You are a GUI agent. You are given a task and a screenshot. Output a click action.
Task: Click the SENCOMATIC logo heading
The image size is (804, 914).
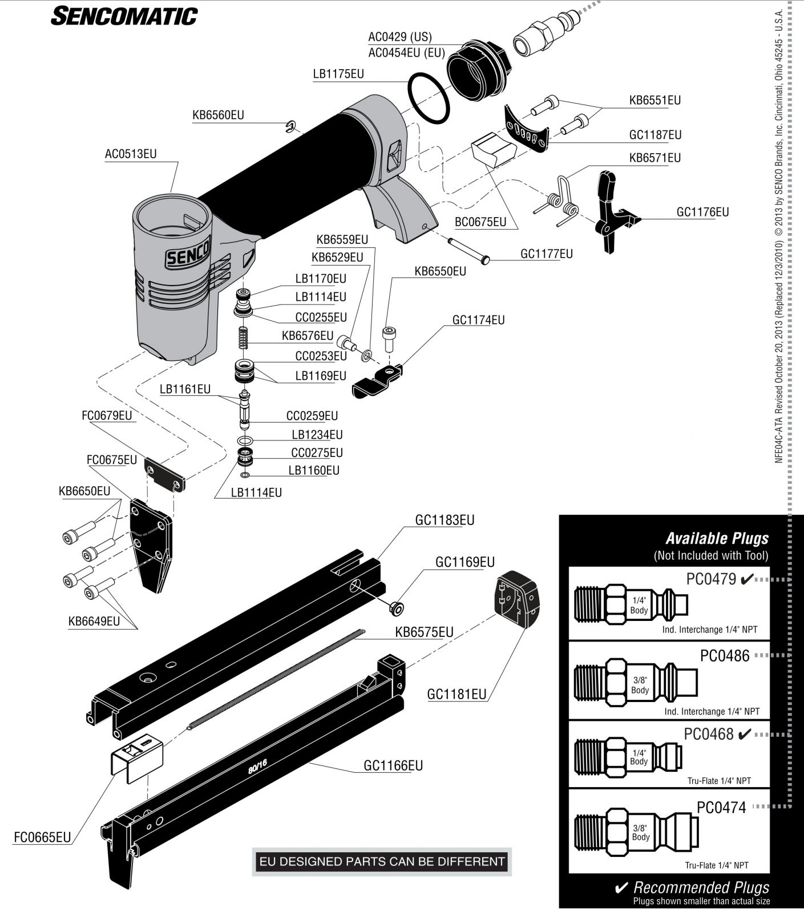point(124,17)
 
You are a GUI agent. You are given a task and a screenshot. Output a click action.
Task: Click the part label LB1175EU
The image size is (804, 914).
point(338,74)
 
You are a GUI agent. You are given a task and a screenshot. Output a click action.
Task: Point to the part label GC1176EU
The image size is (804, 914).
point(702,212)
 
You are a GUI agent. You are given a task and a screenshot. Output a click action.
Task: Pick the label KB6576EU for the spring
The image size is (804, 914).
point(308,336)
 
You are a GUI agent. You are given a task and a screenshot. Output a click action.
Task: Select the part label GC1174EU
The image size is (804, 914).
point(478,320)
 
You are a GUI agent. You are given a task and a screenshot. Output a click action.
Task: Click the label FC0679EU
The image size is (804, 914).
point(107,415)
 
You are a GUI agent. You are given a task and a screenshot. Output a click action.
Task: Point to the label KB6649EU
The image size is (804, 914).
point(94,621)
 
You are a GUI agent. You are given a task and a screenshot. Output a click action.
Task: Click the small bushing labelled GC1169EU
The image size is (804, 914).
point(395,607)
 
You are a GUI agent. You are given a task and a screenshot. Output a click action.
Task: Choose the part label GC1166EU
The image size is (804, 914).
point(393,765)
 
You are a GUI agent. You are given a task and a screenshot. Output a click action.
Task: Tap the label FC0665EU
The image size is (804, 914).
point(42,837)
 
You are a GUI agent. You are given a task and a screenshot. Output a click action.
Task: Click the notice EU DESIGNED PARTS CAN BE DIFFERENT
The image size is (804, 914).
point(382,861)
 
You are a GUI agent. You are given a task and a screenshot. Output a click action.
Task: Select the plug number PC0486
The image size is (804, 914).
point(725,656)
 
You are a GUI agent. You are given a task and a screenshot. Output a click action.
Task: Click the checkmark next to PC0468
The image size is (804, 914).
point(745,735)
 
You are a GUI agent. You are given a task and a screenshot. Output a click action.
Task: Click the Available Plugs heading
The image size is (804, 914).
point(717,538)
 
